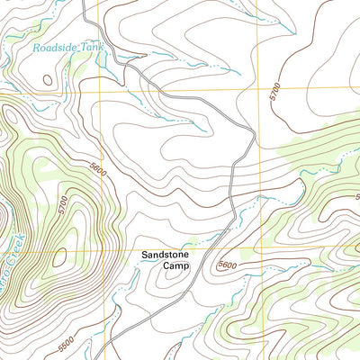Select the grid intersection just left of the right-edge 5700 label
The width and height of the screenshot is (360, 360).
257,92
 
